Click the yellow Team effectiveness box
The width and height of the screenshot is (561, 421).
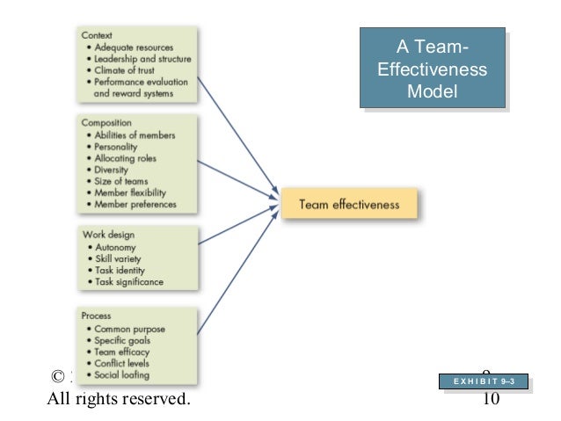[349, 205]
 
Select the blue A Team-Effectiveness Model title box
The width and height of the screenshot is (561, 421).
[432, 69]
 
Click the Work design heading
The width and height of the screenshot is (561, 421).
[108, 236]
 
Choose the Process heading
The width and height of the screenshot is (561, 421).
[98, 316]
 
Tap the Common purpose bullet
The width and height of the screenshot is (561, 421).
[131, 329]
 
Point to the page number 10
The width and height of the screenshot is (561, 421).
[492, 400]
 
